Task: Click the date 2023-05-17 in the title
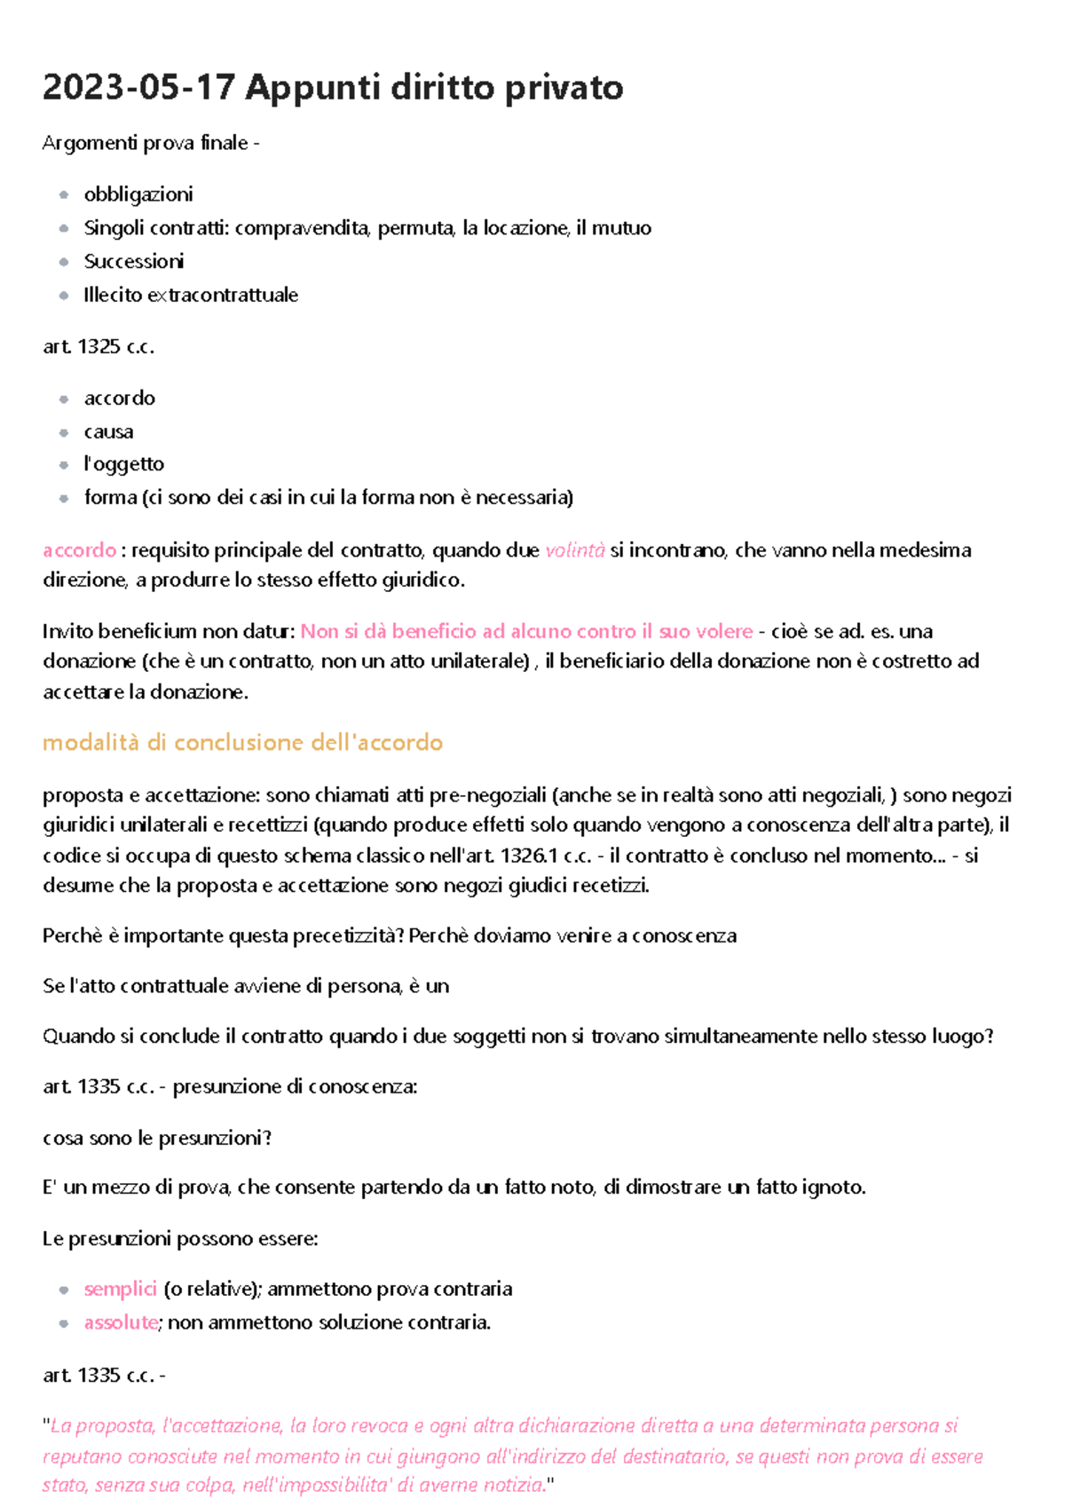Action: (138, 88)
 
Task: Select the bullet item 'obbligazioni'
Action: (138, 194)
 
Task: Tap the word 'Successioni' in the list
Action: (134, 262)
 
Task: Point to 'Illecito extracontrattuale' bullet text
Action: (191, 296)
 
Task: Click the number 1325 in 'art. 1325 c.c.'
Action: (99, 347)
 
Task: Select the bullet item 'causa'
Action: (108, 432)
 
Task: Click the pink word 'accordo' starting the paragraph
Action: (79, 550)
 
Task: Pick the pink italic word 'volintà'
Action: (574, 550)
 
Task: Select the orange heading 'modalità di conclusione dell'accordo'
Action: (242, 743)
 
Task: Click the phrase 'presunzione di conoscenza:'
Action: (295, 1087)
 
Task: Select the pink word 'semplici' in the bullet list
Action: (120, 1290)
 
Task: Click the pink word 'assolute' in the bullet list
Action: (121, 1323)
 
